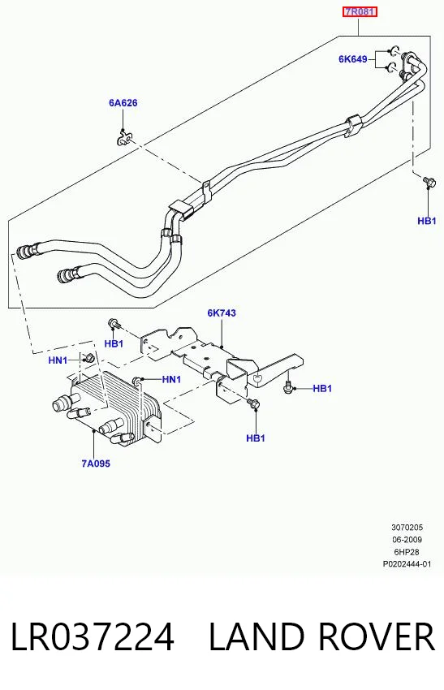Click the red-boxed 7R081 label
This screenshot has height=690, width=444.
(360, 12)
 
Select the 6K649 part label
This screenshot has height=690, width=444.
(353, 59)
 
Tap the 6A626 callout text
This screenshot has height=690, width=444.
(123, 103)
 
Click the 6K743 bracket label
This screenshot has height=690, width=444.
(222, 313)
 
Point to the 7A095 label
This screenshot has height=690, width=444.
(96, 464)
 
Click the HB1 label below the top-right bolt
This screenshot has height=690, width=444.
(427, 221)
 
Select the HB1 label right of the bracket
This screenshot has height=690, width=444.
(322, 389)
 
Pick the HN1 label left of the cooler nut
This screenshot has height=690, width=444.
(58, 361)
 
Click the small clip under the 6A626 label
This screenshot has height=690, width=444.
(124, 139)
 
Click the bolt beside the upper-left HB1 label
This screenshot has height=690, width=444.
(114, 324)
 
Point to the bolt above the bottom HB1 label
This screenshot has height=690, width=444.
(255, 403)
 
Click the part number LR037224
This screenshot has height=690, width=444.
(92, 637)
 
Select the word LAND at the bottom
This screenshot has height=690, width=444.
(256, 637)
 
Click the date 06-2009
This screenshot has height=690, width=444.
(407, 540)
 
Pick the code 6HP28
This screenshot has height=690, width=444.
(407, 552)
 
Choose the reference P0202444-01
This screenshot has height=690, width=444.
(407, 564)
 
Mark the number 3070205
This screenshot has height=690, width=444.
(407, 527)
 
